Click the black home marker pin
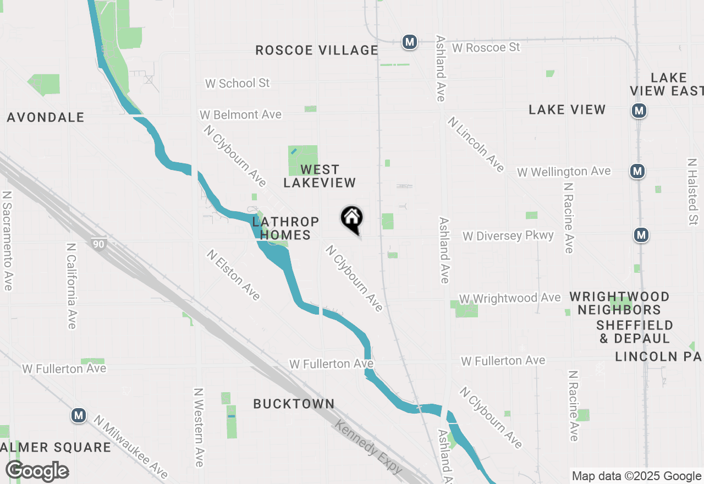tap(352, 219)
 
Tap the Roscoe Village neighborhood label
tap(317, 51)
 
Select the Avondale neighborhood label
tap(46, 117)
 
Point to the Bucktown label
tap(294, 404)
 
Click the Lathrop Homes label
tap(285, 228)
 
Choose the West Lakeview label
tap(320, 176)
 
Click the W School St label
tap(238, 83)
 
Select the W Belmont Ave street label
tap(240, 115)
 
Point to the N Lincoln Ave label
tap(476, 144)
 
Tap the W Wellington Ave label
tap(564, 172)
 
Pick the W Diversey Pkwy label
tap(508, 236)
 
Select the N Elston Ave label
tap(233, 274)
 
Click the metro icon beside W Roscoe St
tap(409, 42)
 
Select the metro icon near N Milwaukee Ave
tap(79, 415)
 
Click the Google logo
tap(37, 471)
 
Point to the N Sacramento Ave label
tap(7, 241)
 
